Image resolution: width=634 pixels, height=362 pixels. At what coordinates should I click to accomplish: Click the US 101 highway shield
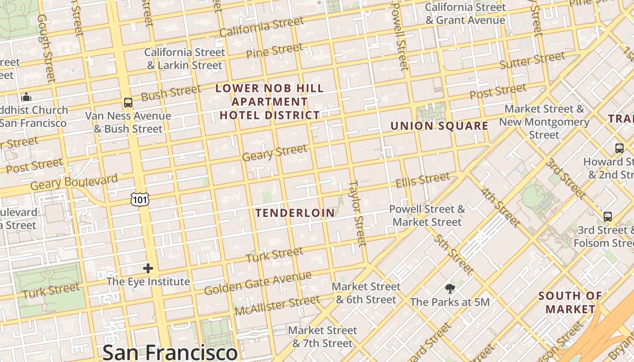(x=139, y=199)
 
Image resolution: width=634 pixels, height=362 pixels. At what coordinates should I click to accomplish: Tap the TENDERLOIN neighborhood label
(x=295, y=213)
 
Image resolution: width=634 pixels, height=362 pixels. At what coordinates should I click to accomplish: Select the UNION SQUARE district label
(x=439, y=126)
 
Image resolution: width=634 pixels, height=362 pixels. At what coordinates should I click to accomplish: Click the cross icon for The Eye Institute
(x=148, y=268)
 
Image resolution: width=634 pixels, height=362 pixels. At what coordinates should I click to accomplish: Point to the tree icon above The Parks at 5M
(x=450, y=288)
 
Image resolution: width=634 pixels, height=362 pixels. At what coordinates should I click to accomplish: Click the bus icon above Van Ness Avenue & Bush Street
(x=128, y=103)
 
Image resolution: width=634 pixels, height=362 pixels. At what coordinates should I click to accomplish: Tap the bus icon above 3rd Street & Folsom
(x=608, y=217)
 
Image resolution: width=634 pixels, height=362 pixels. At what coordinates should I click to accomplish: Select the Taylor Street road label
(x=358, y=214)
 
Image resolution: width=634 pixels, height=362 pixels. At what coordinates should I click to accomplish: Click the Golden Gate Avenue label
(x=258, y=283)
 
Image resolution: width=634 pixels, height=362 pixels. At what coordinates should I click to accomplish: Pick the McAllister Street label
(x=277, y=305)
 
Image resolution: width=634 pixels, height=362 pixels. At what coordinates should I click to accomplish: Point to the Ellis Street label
(x=423, y=180)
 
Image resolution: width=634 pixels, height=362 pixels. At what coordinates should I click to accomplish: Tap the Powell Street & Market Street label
(x=427, y=215)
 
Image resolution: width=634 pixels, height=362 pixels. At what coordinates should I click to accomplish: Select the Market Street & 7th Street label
(x=322, y=337)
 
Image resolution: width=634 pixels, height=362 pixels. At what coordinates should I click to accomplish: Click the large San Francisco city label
(x=170, y=352)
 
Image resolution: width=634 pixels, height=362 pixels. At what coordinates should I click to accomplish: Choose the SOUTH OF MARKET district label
(x=570, y=303)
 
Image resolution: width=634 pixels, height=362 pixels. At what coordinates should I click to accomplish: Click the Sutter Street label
(x=532, y=60)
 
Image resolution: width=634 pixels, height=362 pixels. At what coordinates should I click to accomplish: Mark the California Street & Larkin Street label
(x=184, y=59)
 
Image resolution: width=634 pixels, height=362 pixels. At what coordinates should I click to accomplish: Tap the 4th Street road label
(x=500, y=207)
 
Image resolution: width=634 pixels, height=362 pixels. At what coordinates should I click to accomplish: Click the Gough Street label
(x=46, y=48)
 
